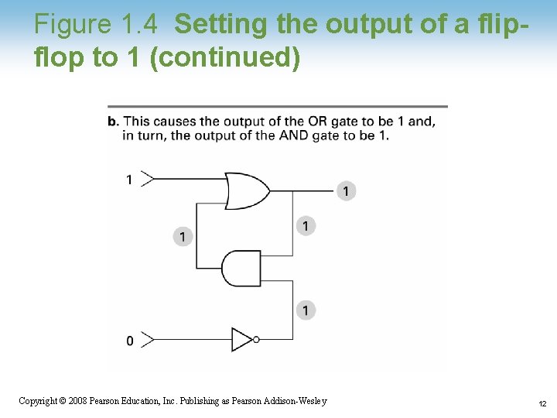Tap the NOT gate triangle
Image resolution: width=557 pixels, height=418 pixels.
(x=242, y=339)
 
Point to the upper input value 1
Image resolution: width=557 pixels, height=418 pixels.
(x=129, y=180)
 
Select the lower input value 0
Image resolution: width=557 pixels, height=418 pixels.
(x=129, y=341)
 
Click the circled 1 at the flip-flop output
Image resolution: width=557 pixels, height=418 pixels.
(x=347, y=190)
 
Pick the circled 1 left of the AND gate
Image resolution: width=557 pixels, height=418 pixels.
(x=183, y=236)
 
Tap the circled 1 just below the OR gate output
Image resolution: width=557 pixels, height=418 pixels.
(x=306, y=226)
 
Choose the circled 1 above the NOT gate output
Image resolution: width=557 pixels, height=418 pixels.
(x=306, y=310)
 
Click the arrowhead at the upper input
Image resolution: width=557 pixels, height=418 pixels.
(x=149, y=180)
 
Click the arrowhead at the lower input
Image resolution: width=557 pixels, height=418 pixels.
(x=149, y=339)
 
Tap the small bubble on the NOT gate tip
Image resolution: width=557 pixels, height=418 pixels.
(x=256, y=339)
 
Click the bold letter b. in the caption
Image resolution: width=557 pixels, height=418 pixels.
(x=113, y=121)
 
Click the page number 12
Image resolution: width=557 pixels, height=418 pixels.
(x=542, y=403)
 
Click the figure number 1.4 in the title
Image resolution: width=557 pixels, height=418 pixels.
(x=140, y=25)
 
